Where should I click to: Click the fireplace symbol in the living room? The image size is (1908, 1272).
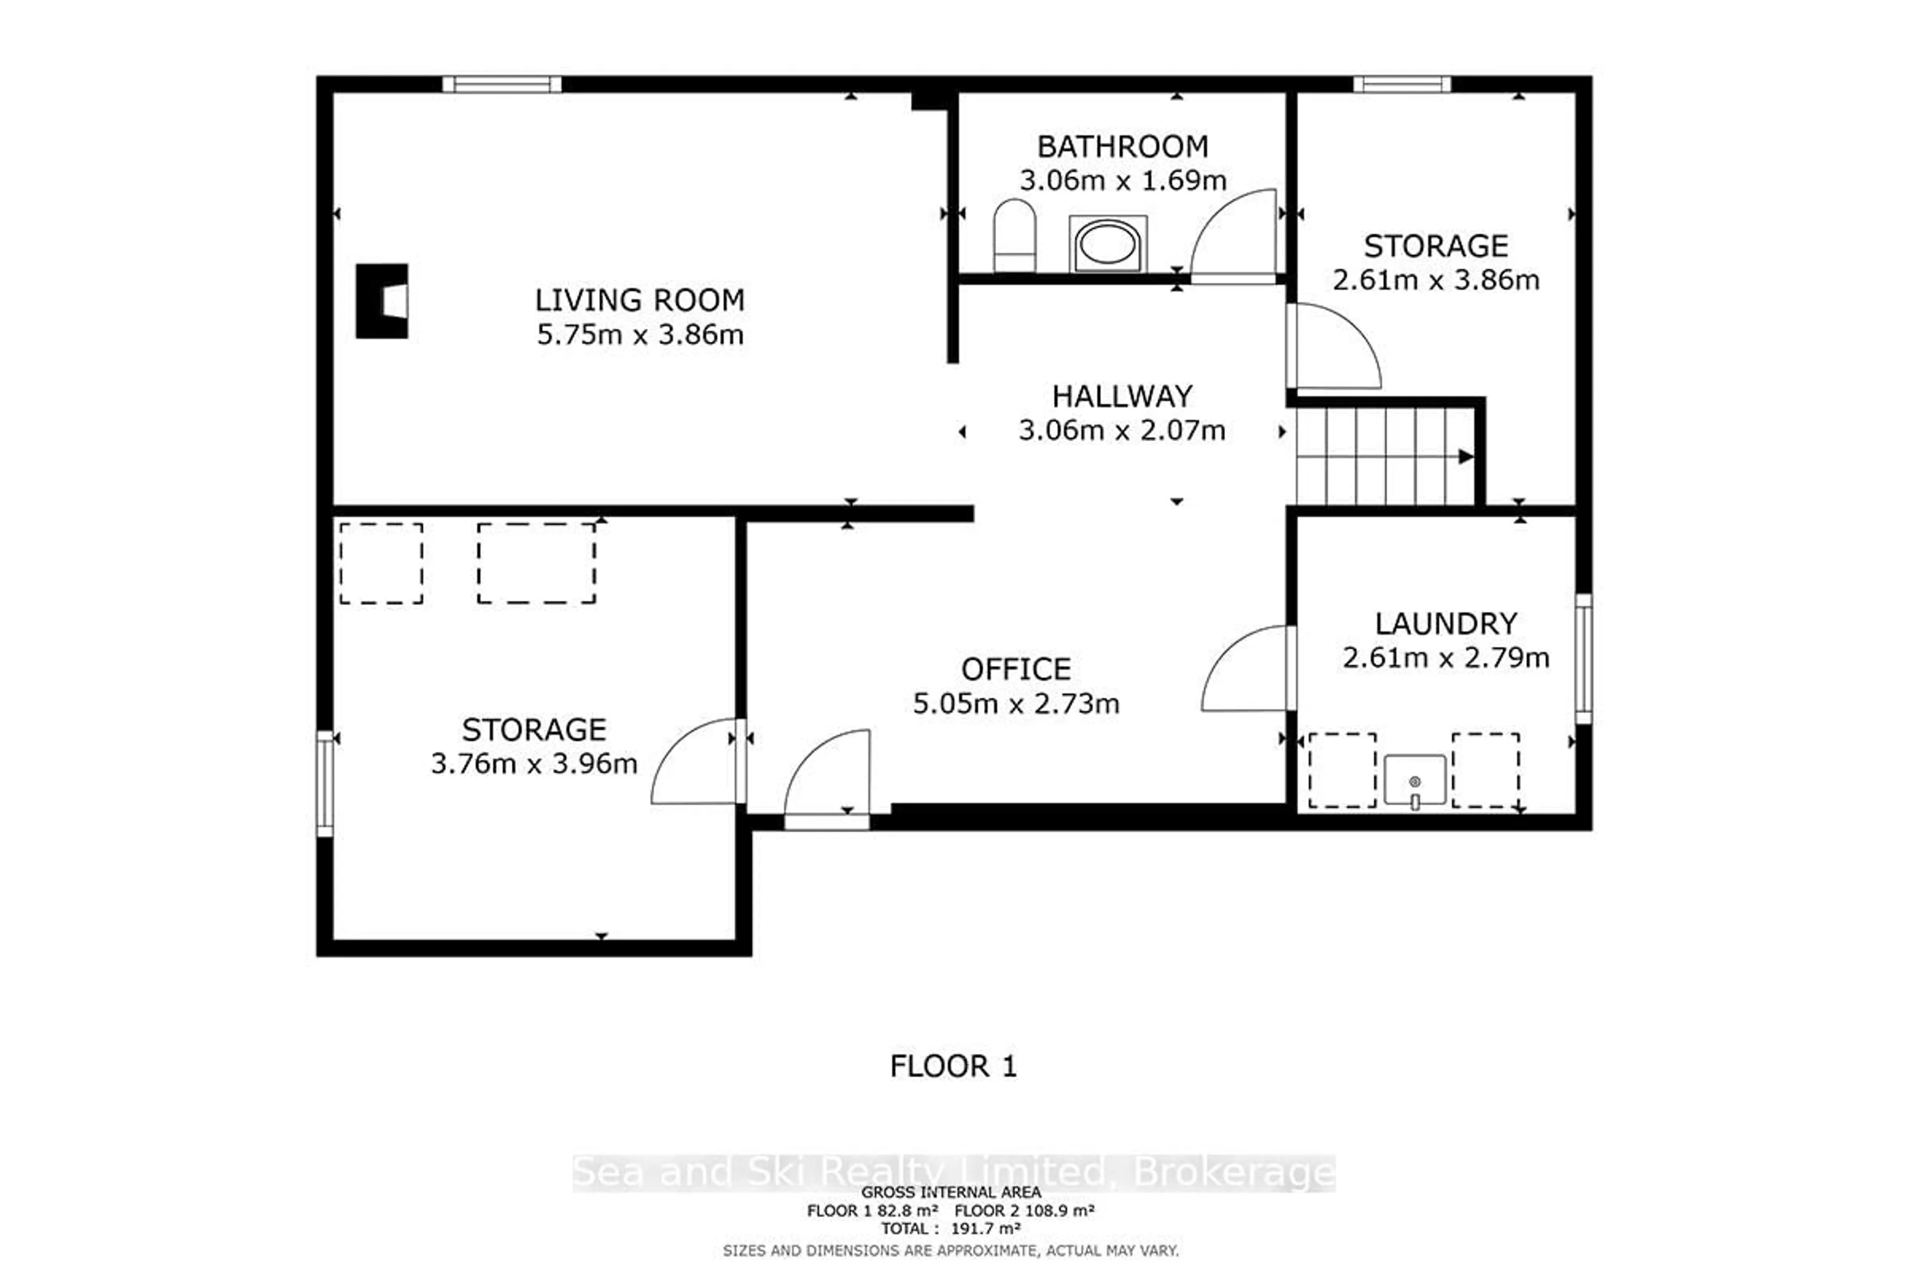pyautogui.click(x=381, y=301)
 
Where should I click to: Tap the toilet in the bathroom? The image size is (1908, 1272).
pyautogui.click(x=1015, y=235)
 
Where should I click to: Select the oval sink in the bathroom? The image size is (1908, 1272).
pyautogui.click(x=1108, y=243)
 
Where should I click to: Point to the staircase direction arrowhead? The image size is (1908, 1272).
pyautogui.click(x=1466, y=457)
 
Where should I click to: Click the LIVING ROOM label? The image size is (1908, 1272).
pyautogui.click(x=639, y=300)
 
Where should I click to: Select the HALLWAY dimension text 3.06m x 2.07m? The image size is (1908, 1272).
pyautogui.click(x=1122, y=430)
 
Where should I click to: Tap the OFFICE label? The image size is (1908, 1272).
pyautogui.click(x=1016, y=669)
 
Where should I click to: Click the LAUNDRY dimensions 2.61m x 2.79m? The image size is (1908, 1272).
pyautogui.click(x=1445, y=657)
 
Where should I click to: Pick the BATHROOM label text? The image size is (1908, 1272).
pyautogui.click(x=1123, y=147)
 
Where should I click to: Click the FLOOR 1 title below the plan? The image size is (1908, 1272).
pyautogui.click(x=953, y=1066)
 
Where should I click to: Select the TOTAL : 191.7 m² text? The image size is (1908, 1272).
pyautogui.click(x=951, y=1228)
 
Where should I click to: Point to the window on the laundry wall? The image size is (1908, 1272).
pyautogui.click(x=1584, y=659)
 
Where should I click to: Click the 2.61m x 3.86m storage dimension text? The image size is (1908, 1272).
pyautogui.click(x=1436, y=280)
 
